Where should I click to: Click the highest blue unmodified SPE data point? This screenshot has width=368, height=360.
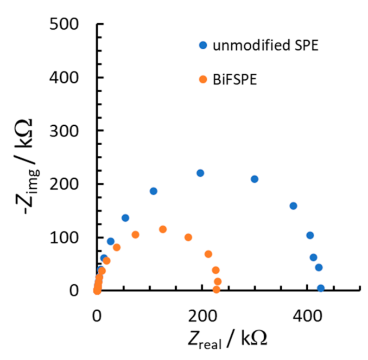(200, 173)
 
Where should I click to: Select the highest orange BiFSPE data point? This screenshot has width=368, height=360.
(163, 229)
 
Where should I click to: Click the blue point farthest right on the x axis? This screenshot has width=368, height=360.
(320, 288)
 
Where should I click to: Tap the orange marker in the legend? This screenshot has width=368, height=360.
(203, 79)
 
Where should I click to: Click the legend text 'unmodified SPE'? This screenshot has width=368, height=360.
(266, 46)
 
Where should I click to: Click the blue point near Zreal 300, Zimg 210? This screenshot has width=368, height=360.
(254, 179)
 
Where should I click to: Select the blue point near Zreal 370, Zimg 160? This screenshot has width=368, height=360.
(293, 206)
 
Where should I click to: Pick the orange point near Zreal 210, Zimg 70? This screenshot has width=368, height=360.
(208, 254)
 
